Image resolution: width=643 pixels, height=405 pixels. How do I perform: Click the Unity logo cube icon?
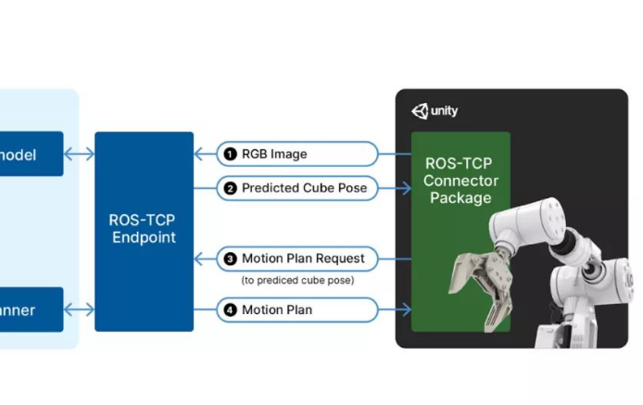point(420,111)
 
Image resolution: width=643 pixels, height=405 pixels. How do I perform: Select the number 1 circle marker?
point(228,154)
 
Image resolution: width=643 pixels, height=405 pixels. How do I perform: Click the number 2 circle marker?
point(228,188)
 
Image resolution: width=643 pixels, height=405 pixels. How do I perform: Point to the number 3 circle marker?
point(228,259)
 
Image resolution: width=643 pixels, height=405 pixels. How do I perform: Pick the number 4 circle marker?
point(228,310)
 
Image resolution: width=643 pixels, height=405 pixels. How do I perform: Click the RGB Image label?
point(274,154)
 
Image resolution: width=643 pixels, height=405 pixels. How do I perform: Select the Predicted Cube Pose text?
point(304,188)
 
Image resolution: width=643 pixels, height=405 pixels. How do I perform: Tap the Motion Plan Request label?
point(303,259)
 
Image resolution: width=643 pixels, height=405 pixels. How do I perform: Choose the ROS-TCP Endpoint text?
point(144,229)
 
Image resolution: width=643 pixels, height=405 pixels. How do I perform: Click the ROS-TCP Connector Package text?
point(460,180)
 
